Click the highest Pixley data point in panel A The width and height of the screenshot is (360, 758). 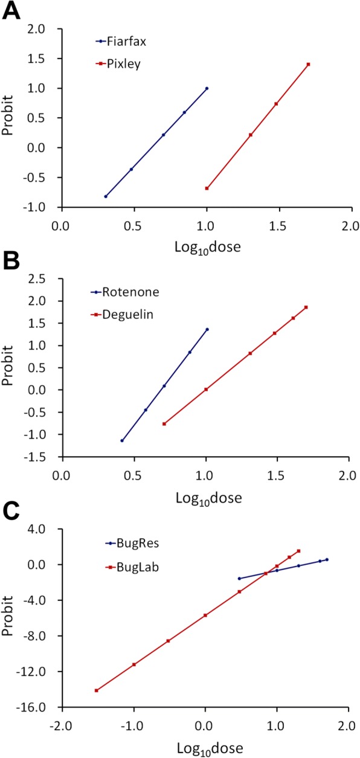click(x=308, y=65)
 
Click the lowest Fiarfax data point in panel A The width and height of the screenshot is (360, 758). click(x=106, y=196)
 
